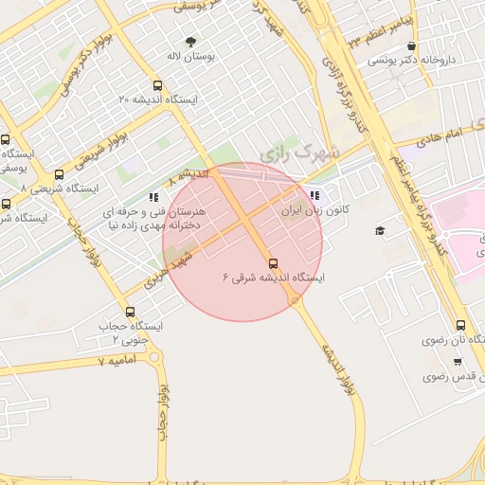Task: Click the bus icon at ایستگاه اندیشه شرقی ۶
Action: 274,262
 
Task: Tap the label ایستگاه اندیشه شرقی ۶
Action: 274,278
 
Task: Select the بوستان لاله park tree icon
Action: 190,43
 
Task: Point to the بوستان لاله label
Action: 190,58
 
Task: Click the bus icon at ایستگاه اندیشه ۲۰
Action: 157,85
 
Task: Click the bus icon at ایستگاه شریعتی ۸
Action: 60,174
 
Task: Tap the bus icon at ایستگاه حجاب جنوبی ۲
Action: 130,312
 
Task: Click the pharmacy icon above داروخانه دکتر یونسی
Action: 411,45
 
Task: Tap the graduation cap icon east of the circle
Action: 381,231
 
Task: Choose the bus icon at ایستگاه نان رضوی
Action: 460,325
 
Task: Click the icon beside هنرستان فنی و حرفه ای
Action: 153,198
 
